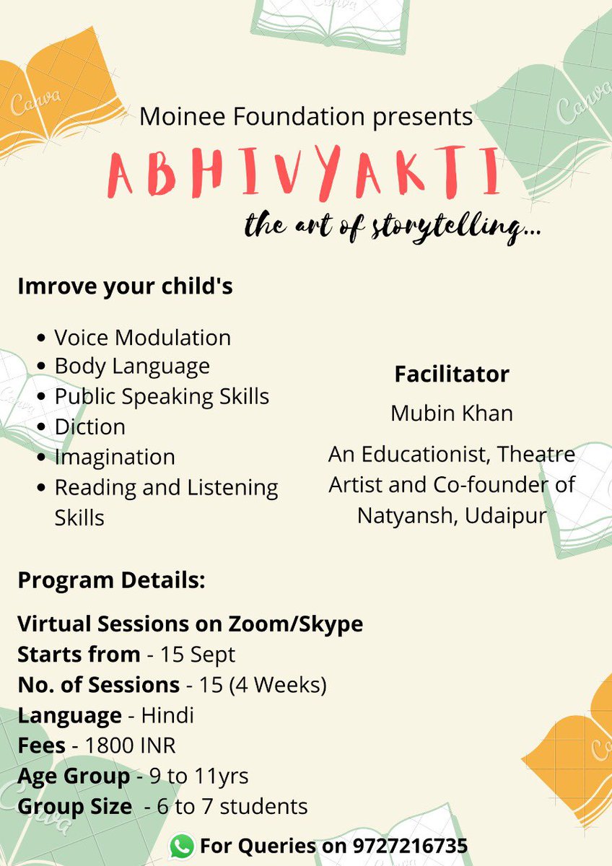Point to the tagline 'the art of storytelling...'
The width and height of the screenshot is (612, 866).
point(394,227)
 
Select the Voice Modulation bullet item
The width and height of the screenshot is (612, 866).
point(142,337)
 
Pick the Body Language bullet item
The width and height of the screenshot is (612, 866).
point(131,366)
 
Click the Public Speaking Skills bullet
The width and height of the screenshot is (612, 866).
point(161,396)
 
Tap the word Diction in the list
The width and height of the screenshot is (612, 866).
point(89,427)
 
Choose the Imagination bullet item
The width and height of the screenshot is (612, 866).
point(114,457)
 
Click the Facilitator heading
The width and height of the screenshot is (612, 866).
point(452,375)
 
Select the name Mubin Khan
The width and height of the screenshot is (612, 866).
point(452,413)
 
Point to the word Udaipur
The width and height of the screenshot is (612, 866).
point(506,515)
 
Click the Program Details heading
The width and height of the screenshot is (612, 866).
point(111,581)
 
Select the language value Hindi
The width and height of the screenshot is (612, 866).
point(167,715)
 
